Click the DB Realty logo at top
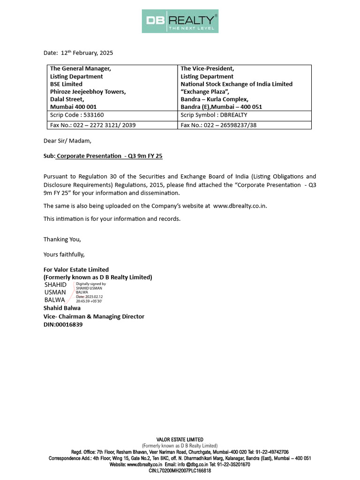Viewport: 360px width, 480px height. (180, 21)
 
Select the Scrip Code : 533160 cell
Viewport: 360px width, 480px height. (77, 115)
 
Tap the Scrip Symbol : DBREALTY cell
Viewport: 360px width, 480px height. (214, 115)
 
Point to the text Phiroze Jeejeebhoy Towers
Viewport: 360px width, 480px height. (88, 91)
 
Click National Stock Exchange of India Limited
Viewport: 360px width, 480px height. (236, 84)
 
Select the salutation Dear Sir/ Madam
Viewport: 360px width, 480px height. (67, 141)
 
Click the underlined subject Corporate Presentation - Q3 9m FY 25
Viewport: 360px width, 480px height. (109, 156)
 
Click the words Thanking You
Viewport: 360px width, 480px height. (62, 240)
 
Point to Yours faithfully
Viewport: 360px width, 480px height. (64, 255)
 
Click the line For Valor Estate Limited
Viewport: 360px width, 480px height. (76, 270)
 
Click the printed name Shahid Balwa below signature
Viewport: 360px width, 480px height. (62, 308)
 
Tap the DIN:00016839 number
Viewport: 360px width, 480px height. (63, 324)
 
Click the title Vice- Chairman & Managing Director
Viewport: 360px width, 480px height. (94, 316)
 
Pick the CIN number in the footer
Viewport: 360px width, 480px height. (180, 471)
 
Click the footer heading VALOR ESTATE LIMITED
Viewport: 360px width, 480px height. (180, 439)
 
